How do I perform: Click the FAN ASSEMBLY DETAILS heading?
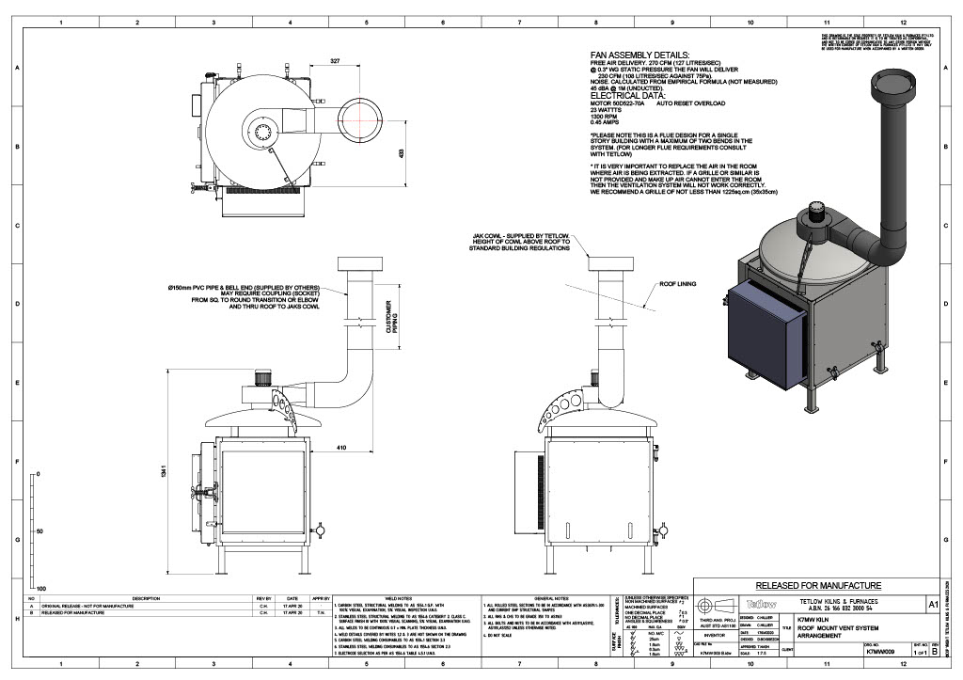pyautogui.click(x=639, y=56)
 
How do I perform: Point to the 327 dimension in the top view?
pyautogui.click(x=336, y=62)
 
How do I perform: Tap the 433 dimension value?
pyautogui.click(x=400, y=152)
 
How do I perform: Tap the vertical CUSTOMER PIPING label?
pyautogui.click(x=387, y=317)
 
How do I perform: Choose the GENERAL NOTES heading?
pyautogui.click(x=545, y=597)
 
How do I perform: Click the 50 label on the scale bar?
pyautogui.click(x=39, y=531)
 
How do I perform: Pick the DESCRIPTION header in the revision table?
pyautogui.click(x=146, y=597)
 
